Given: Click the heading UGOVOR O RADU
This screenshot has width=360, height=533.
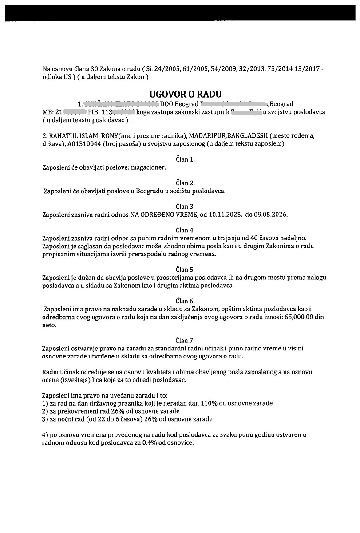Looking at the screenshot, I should coord(185,94).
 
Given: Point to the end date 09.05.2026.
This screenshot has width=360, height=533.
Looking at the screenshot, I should coord(270,215).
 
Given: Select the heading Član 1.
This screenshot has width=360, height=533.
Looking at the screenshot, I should coord(185,159).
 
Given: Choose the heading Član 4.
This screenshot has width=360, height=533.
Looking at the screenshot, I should coord(185,230).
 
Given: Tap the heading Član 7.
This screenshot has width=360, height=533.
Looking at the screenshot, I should coord(185,340).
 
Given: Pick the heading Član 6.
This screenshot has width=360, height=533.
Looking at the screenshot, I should coord(185,301).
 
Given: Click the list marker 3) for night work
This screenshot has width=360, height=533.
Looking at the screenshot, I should coord(45,419).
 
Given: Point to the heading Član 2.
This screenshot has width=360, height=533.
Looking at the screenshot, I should coord(185,183).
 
